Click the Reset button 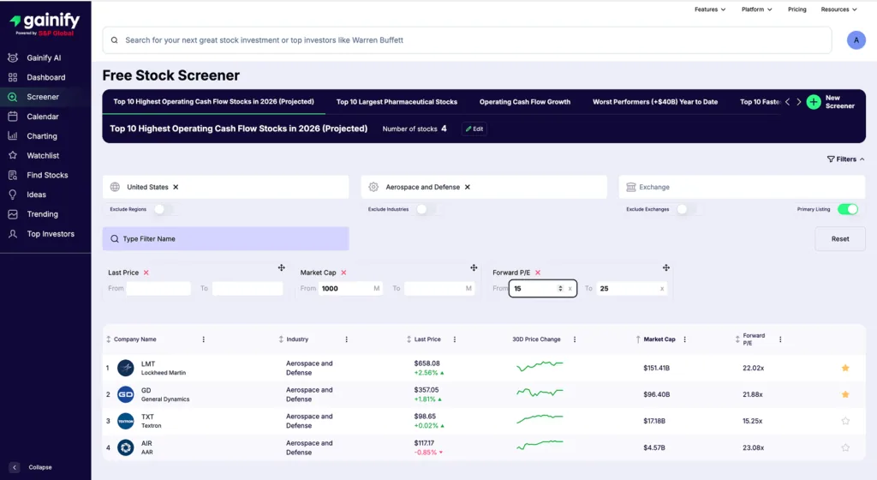point(840,239)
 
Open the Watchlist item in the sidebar point(43,156)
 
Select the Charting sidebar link point(42,136)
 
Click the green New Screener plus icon point(814,102)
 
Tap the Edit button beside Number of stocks point(474,129)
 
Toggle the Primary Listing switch point(847,209)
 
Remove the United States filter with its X point(176,187)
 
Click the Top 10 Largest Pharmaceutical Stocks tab point(397,102)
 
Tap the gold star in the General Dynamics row point(845,394)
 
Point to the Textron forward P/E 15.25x point(753,421)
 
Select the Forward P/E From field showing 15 point(534,289)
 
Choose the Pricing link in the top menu point(796,9)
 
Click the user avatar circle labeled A point(856,40)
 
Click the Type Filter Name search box point(225,239)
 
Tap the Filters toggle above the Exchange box point(845,159)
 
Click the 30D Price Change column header point(536,339)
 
